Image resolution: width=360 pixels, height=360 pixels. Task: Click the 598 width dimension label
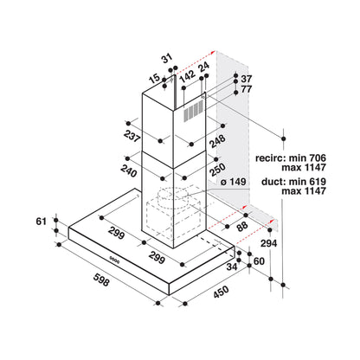101,280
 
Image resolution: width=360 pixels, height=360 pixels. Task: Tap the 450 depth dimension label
222,292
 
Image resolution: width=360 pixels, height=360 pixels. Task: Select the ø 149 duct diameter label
233,182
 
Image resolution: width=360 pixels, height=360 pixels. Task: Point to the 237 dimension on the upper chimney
132,136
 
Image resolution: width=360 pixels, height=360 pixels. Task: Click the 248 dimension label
217,141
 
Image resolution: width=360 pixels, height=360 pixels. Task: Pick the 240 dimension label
129,170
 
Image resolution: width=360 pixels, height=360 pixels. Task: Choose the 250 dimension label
217,170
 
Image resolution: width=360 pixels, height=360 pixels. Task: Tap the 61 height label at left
42,222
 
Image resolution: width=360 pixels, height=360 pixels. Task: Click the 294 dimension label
268,243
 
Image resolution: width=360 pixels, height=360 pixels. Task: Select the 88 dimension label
242,226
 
